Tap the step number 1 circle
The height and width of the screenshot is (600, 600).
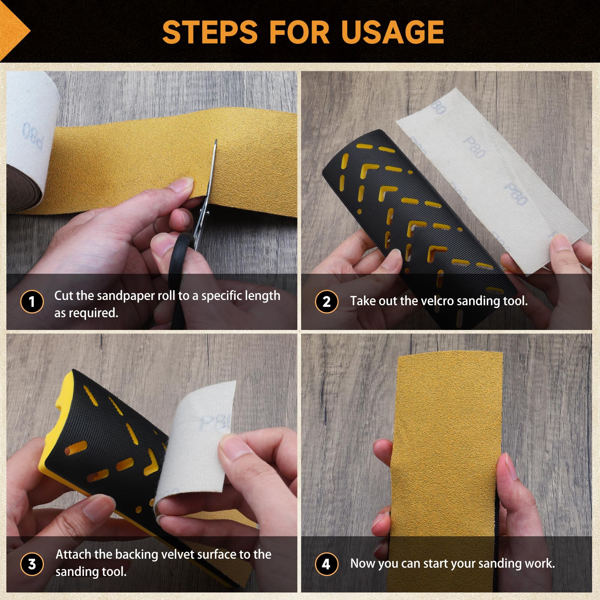pyautogui.click(x=32, y=301)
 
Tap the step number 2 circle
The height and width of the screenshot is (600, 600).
pyautogui.click(x=327, y=301)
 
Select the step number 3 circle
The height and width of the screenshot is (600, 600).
pyautogui.click(x=32, y=564)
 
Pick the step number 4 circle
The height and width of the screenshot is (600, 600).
pyautogui.click(x=327, y=564)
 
